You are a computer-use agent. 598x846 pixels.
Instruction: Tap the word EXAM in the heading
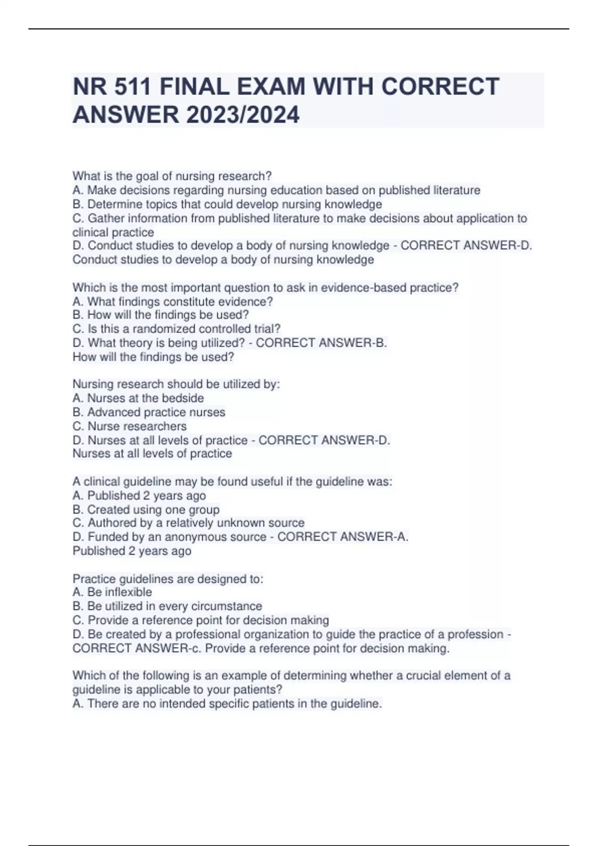(x=270, y=87)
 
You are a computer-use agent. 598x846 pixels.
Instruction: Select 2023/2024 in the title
(x=243, y=115)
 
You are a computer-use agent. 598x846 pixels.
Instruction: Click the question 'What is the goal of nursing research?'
(x=172, y=176)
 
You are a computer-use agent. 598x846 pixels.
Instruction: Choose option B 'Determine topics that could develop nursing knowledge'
(x=227, y=204)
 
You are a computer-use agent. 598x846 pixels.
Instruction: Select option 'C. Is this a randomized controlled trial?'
(x=176, y=329)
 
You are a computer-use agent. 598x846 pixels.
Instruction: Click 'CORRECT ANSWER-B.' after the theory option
(x=321, y=343)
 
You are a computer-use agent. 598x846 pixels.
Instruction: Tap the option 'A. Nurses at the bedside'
(x=138, y=398)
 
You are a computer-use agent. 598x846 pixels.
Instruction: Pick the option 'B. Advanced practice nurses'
(x=149, y=412)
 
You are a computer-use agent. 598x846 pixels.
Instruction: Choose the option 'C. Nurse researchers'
(x=130, y=426)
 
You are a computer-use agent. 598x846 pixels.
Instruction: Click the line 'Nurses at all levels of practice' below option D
(x=152, y=454)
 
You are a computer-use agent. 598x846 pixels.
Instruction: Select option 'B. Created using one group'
(x=146, y=510)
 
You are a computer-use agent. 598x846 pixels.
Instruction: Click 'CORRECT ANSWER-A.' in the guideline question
(x=343, y=537)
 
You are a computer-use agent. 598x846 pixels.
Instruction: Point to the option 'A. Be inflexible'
(x=112, y=592)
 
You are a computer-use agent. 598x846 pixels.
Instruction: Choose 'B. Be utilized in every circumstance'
(x=167, y=606)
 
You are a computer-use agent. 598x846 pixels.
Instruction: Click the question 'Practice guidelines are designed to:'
(x=168, y=579)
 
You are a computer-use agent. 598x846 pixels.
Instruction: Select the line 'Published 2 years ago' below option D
(x=132, y=551)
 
